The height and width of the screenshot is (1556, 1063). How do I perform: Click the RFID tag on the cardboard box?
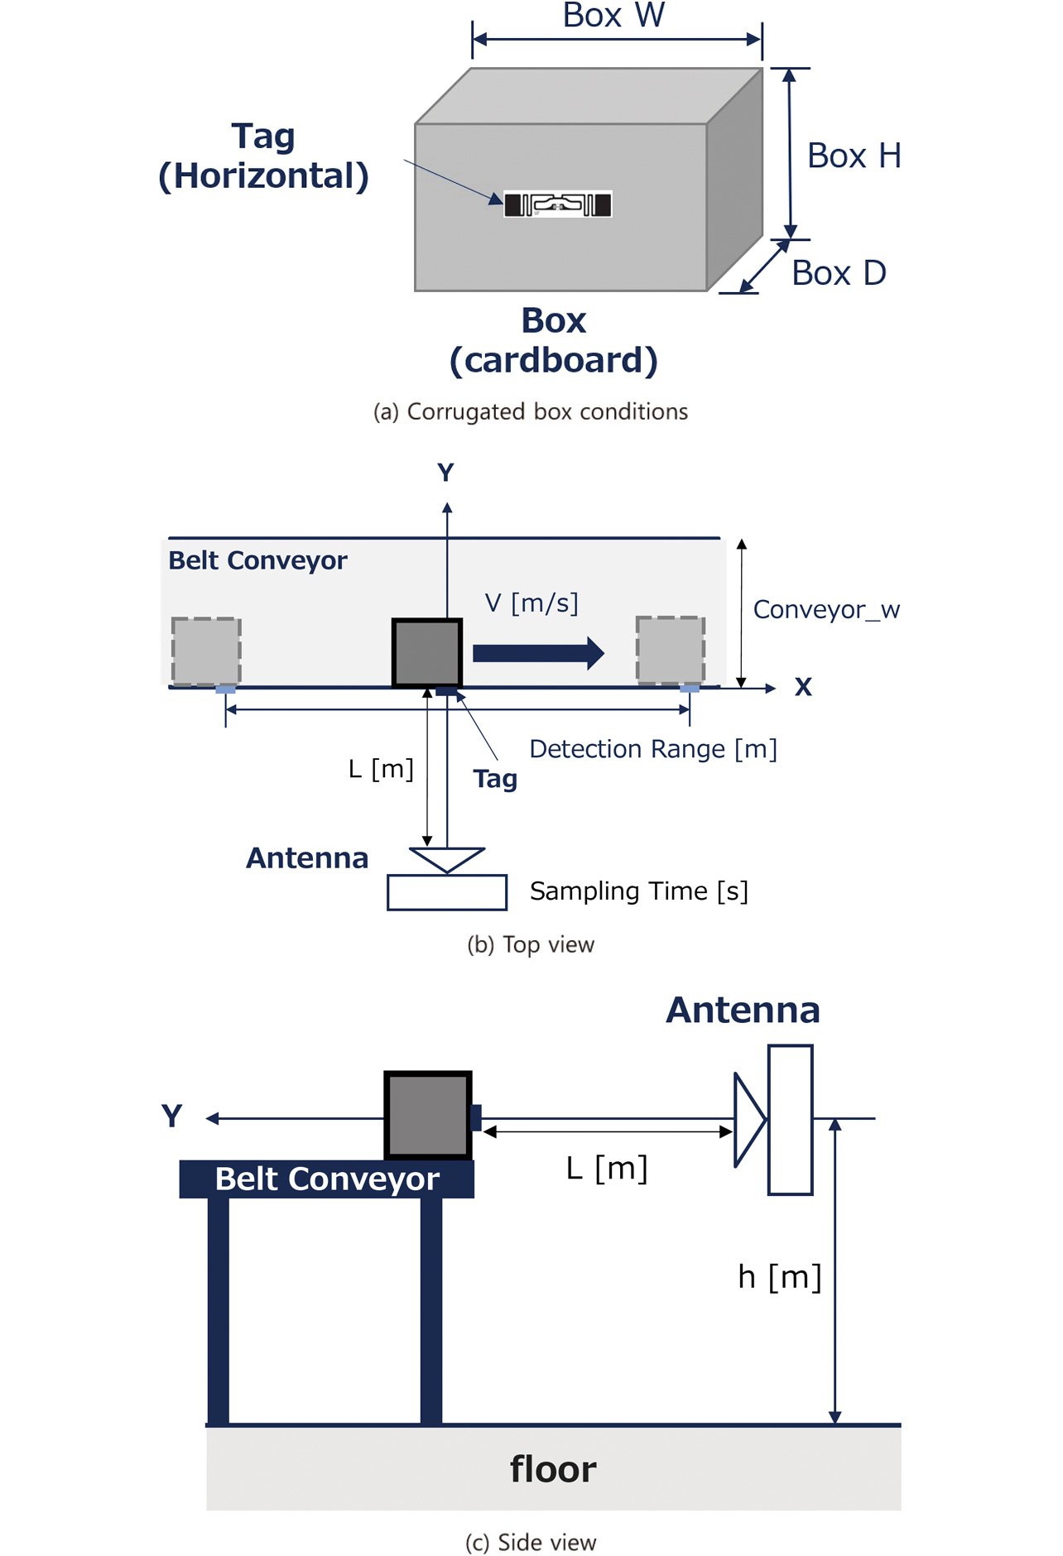[557, 204]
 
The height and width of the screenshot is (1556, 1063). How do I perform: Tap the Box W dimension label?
[613, 16]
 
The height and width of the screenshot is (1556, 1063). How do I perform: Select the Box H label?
[854, 156]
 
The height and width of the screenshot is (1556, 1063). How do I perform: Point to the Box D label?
[839, 273]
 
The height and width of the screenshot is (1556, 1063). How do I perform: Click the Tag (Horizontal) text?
[263, 156]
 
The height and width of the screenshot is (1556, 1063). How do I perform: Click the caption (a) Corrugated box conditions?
[531, 411]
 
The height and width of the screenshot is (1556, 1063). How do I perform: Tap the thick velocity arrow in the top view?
[538, 653]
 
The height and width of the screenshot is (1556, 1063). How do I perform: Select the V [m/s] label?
[531, 603]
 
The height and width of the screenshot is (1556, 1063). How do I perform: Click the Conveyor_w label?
[825, 610]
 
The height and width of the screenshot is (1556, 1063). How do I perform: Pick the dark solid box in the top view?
[427, 652]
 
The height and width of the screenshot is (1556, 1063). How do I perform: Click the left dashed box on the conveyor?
[206, 651]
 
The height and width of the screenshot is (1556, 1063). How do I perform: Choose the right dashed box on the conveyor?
[671, 650]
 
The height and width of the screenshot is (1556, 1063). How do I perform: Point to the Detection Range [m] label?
[653, 749]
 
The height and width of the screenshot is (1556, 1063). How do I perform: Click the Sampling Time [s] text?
[638, 891]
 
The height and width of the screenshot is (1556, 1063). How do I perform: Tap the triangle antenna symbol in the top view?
[447, 858]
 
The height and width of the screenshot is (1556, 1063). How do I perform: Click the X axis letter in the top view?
[802, 687]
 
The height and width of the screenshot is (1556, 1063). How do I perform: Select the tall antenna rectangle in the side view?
[790, 1119]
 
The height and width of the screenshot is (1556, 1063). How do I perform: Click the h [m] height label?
[779, 1277]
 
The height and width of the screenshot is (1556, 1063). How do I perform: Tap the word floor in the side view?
[552, 1469]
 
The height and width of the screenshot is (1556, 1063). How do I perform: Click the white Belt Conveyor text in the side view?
[327, 1179]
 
